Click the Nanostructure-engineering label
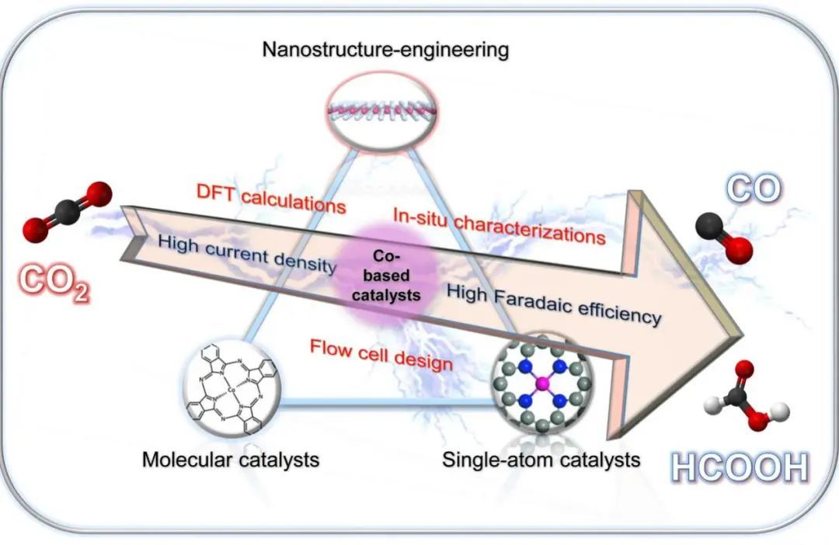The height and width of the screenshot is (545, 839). click(385, 51)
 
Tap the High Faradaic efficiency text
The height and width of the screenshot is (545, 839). click(554, 304)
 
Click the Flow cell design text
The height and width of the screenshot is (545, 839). click(381, 354)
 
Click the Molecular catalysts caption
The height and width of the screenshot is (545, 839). click(230, 460)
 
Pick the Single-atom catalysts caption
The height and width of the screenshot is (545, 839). click(541, 460)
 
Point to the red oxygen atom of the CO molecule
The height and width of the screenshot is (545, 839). click(740, 249)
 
